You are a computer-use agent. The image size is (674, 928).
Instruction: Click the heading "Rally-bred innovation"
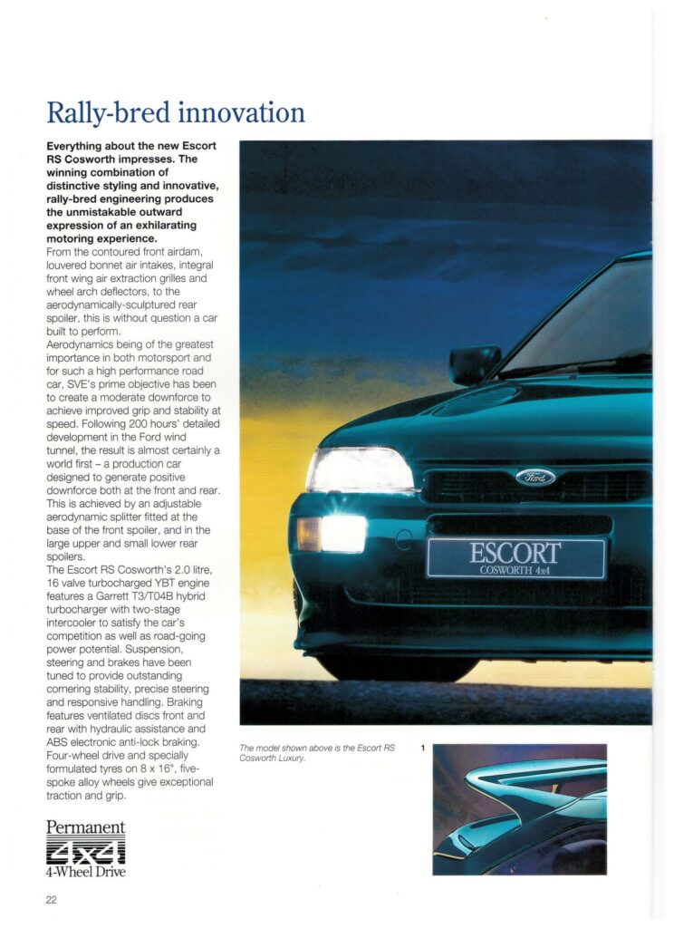point(176,112)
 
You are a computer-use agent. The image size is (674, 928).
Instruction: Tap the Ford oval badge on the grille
point(534,477)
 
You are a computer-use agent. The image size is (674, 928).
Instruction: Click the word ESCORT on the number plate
point(515,552)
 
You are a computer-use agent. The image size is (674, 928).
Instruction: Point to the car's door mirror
point(474,364)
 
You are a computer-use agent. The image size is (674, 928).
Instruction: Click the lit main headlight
point(360,469)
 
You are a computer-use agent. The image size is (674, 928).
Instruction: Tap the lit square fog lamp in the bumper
point(342,534)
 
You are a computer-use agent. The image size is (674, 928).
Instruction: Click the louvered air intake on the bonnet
point(477,400)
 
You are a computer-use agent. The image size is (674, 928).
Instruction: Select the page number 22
point(53,899)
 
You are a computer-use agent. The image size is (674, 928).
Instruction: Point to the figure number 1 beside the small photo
point(422,749)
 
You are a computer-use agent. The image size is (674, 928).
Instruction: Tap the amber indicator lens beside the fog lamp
point(308,534)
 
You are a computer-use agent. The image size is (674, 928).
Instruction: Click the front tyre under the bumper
point(399,669)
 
